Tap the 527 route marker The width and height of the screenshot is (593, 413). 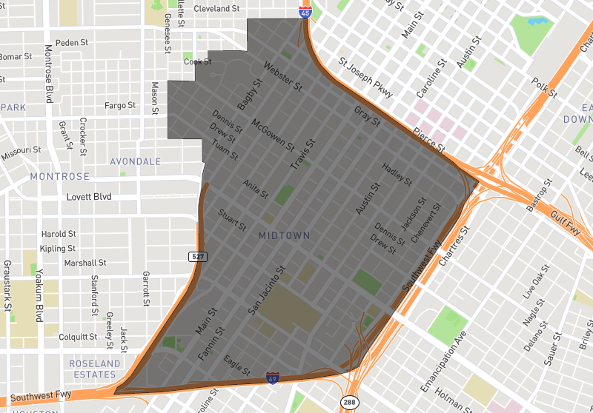click(197, 256)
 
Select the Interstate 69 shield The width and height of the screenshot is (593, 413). click(273, 377)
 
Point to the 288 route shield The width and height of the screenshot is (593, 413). click(349, 402)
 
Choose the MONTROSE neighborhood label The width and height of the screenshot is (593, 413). click(59, 177)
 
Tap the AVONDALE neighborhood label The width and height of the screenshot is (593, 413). click(135, 161)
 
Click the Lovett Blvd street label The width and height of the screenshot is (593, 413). click(88, 197)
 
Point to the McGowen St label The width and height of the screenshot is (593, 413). click(272, 133)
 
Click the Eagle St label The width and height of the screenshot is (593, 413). click(236, 366)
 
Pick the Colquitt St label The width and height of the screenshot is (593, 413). click(78, 337)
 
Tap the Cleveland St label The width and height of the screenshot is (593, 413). click(216, 9)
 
